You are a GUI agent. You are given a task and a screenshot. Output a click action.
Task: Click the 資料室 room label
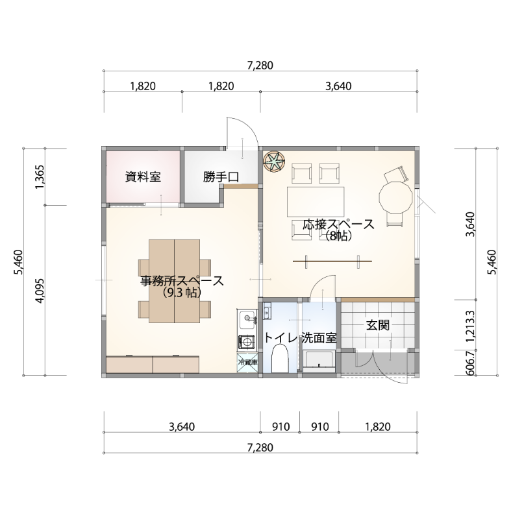click(x=143, y=177)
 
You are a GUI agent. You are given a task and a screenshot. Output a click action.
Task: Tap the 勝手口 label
click(x=221, y=177)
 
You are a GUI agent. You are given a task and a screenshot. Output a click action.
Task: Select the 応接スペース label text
click(x=338, y=225)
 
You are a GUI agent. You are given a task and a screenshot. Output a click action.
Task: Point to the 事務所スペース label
click(x=182, y=281)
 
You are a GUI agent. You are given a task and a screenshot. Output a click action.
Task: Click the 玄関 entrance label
click(x=378, y=325)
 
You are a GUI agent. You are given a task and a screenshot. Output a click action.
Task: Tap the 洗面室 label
click(x=319, y=337)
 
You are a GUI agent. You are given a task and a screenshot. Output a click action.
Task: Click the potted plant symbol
click(x=274, y=162)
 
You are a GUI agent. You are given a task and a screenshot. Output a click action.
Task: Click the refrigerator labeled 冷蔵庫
click(x=247, y=362)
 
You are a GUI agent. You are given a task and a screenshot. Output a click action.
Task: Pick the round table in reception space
click(x=393, y=198)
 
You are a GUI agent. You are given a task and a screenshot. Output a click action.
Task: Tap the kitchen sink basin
click(x=247, y=319)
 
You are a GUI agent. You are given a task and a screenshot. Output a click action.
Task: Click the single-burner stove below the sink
click(x=247, y=342)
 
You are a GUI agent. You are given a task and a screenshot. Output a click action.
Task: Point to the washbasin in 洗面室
click(x=319, y=361)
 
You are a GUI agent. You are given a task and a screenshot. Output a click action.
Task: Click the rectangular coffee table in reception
click(x=316, y=202)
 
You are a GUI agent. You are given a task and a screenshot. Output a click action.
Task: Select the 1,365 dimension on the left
click(x=40, y=177)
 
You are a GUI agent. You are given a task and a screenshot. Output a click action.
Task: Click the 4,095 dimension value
click(x=40, y=291)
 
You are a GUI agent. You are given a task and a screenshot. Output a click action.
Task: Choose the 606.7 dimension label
click(x=470, y=363)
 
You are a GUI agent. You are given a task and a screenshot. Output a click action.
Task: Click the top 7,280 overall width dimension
click(x=260, y=66)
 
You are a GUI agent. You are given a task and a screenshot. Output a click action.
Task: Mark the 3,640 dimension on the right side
click(x=470, y=225)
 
